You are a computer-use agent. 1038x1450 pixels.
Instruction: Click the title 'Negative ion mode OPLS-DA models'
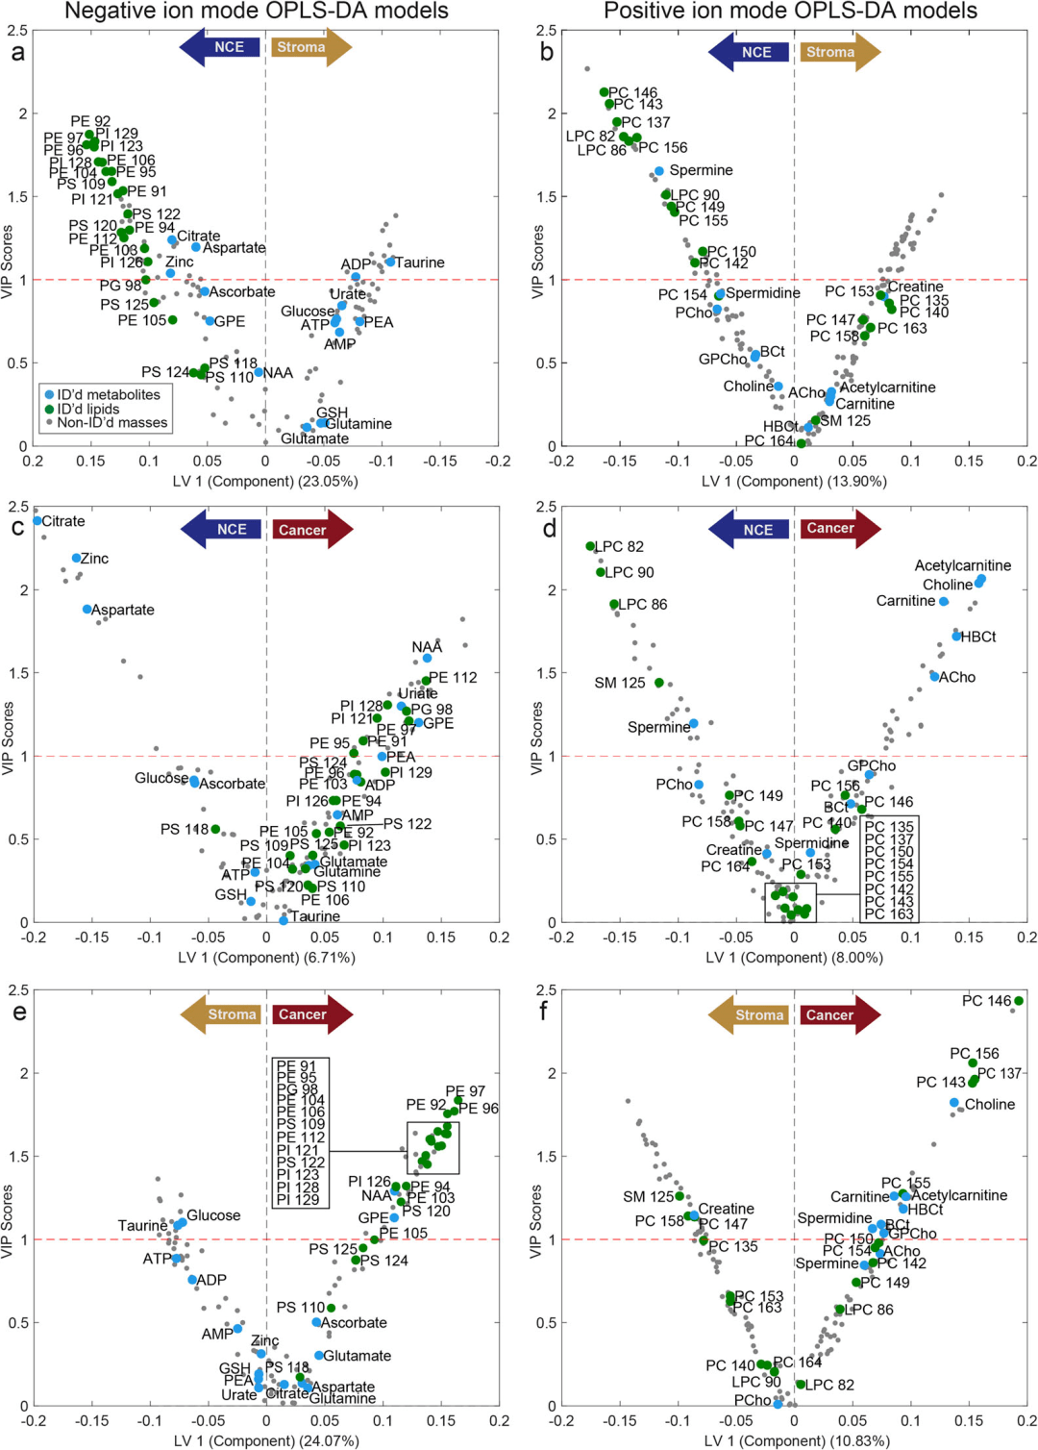(256, 12)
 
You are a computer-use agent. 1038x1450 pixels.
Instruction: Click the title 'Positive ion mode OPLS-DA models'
(790, 12)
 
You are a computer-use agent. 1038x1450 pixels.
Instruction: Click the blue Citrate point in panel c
(37, 520)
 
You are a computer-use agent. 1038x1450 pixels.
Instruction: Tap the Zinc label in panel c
(94, 559)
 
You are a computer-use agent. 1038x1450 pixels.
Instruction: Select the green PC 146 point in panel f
(1019, 1001)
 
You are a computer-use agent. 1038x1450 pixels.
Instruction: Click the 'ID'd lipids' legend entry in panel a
(87, 409)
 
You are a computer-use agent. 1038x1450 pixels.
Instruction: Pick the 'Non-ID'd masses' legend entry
(111, 423)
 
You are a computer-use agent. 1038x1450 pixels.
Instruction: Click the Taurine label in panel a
(420, 262)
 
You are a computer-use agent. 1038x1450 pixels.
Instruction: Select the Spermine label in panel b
(701, 170)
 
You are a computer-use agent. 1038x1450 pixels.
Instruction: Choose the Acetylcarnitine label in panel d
(962, 565)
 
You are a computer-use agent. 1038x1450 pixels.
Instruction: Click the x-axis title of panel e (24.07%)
(266, 1440)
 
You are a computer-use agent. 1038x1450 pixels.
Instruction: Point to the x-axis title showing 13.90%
(794, 481)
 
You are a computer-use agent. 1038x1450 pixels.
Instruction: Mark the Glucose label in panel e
(213, 1215)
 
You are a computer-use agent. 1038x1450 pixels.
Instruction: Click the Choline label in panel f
(990, 1104)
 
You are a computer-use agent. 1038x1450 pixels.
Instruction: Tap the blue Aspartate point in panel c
(87, 610)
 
